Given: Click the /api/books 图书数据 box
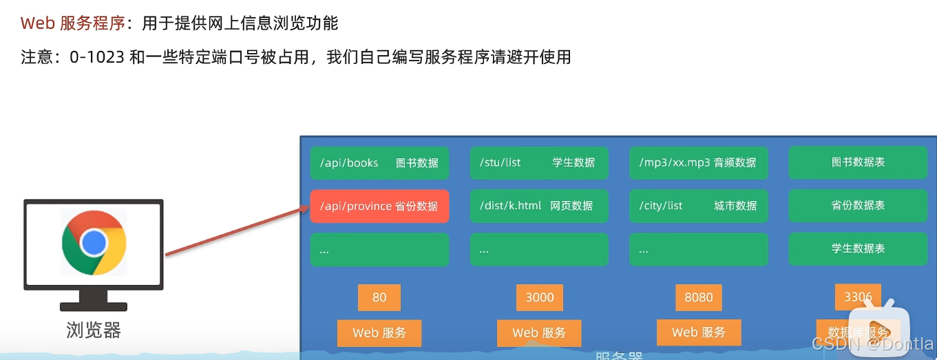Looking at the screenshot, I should pos(379,163).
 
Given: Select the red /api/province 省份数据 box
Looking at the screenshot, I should pos(379,207).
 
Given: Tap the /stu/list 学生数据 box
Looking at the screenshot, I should pos(539,163).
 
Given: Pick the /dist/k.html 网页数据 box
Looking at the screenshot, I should pos(539,207).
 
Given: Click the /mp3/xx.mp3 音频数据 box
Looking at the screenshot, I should pos(699,163).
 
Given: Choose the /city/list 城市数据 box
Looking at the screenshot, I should pos(699,207).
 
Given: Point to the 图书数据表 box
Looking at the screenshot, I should pos(858,163).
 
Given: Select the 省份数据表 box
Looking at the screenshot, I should pos(858,206).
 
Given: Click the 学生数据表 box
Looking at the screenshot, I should pos(858,249).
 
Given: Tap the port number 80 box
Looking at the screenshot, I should pos(379,297).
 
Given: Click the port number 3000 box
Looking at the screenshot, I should pos(539,297).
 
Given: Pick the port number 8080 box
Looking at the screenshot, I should pos(699,297).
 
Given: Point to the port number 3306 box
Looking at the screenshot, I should pos(858,297).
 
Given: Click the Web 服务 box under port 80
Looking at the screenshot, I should pos(379,332).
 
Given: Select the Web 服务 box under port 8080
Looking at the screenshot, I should pos(699,332).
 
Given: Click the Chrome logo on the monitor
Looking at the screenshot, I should pos(94,243).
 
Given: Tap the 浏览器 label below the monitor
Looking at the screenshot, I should pos(94,330).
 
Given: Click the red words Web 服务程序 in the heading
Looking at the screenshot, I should pos(72,23).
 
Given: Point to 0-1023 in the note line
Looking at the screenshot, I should pos(97,57).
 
